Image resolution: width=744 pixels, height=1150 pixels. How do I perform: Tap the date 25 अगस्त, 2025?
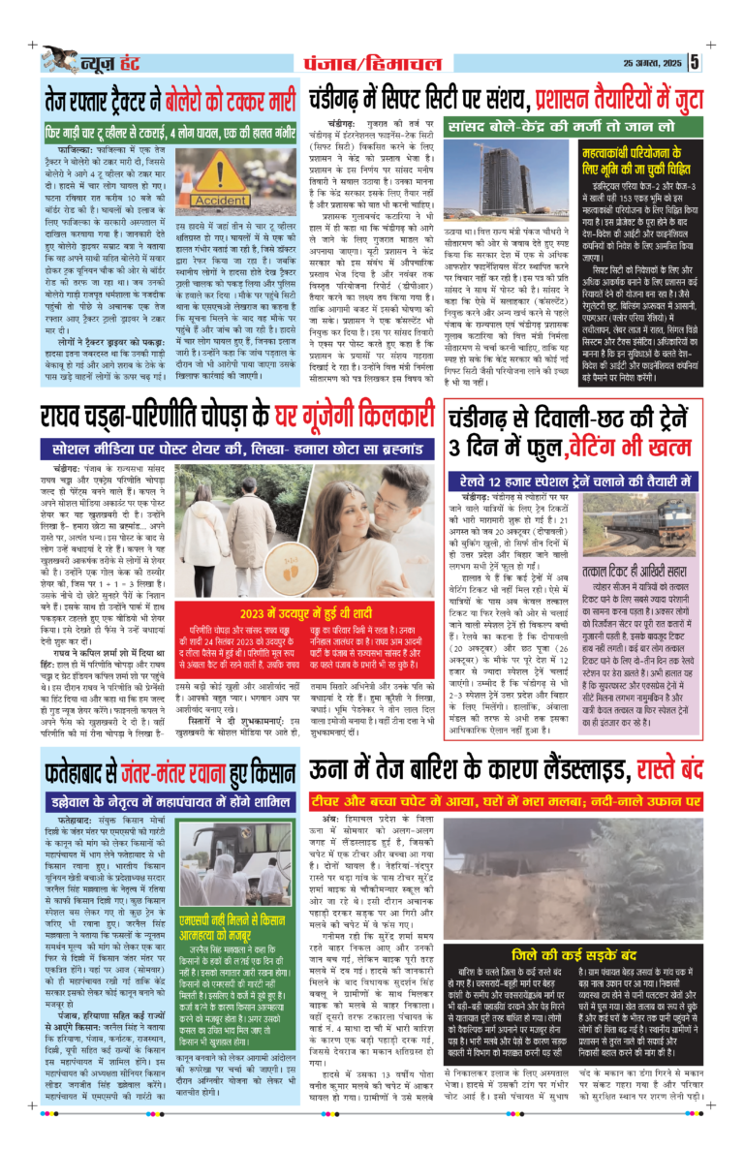[653, 64]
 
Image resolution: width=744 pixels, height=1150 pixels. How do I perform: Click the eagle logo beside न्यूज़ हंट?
[55, 60]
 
